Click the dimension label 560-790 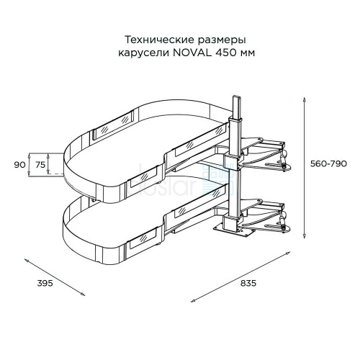coord(328,164)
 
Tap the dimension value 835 coord(248,283)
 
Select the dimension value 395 coord(45,283)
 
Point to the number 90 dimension coord(19,165)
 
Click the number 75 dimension coord(40,165)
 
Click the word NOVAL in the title coord(192,53)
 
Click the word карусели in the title coord(144,53)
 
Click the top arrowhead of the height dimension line coord(305,99)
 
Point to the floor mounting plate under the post coord(234,231)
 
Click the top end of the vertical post coord(236,97)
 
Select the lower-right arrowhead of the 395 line coord(82,294)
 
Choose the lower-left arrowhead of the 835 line coord(193,301)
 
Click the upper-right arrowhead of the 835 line coord(288,253)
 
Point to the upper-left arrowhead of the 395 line coord(27,260)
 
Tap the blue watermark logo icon coord(218,179)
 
